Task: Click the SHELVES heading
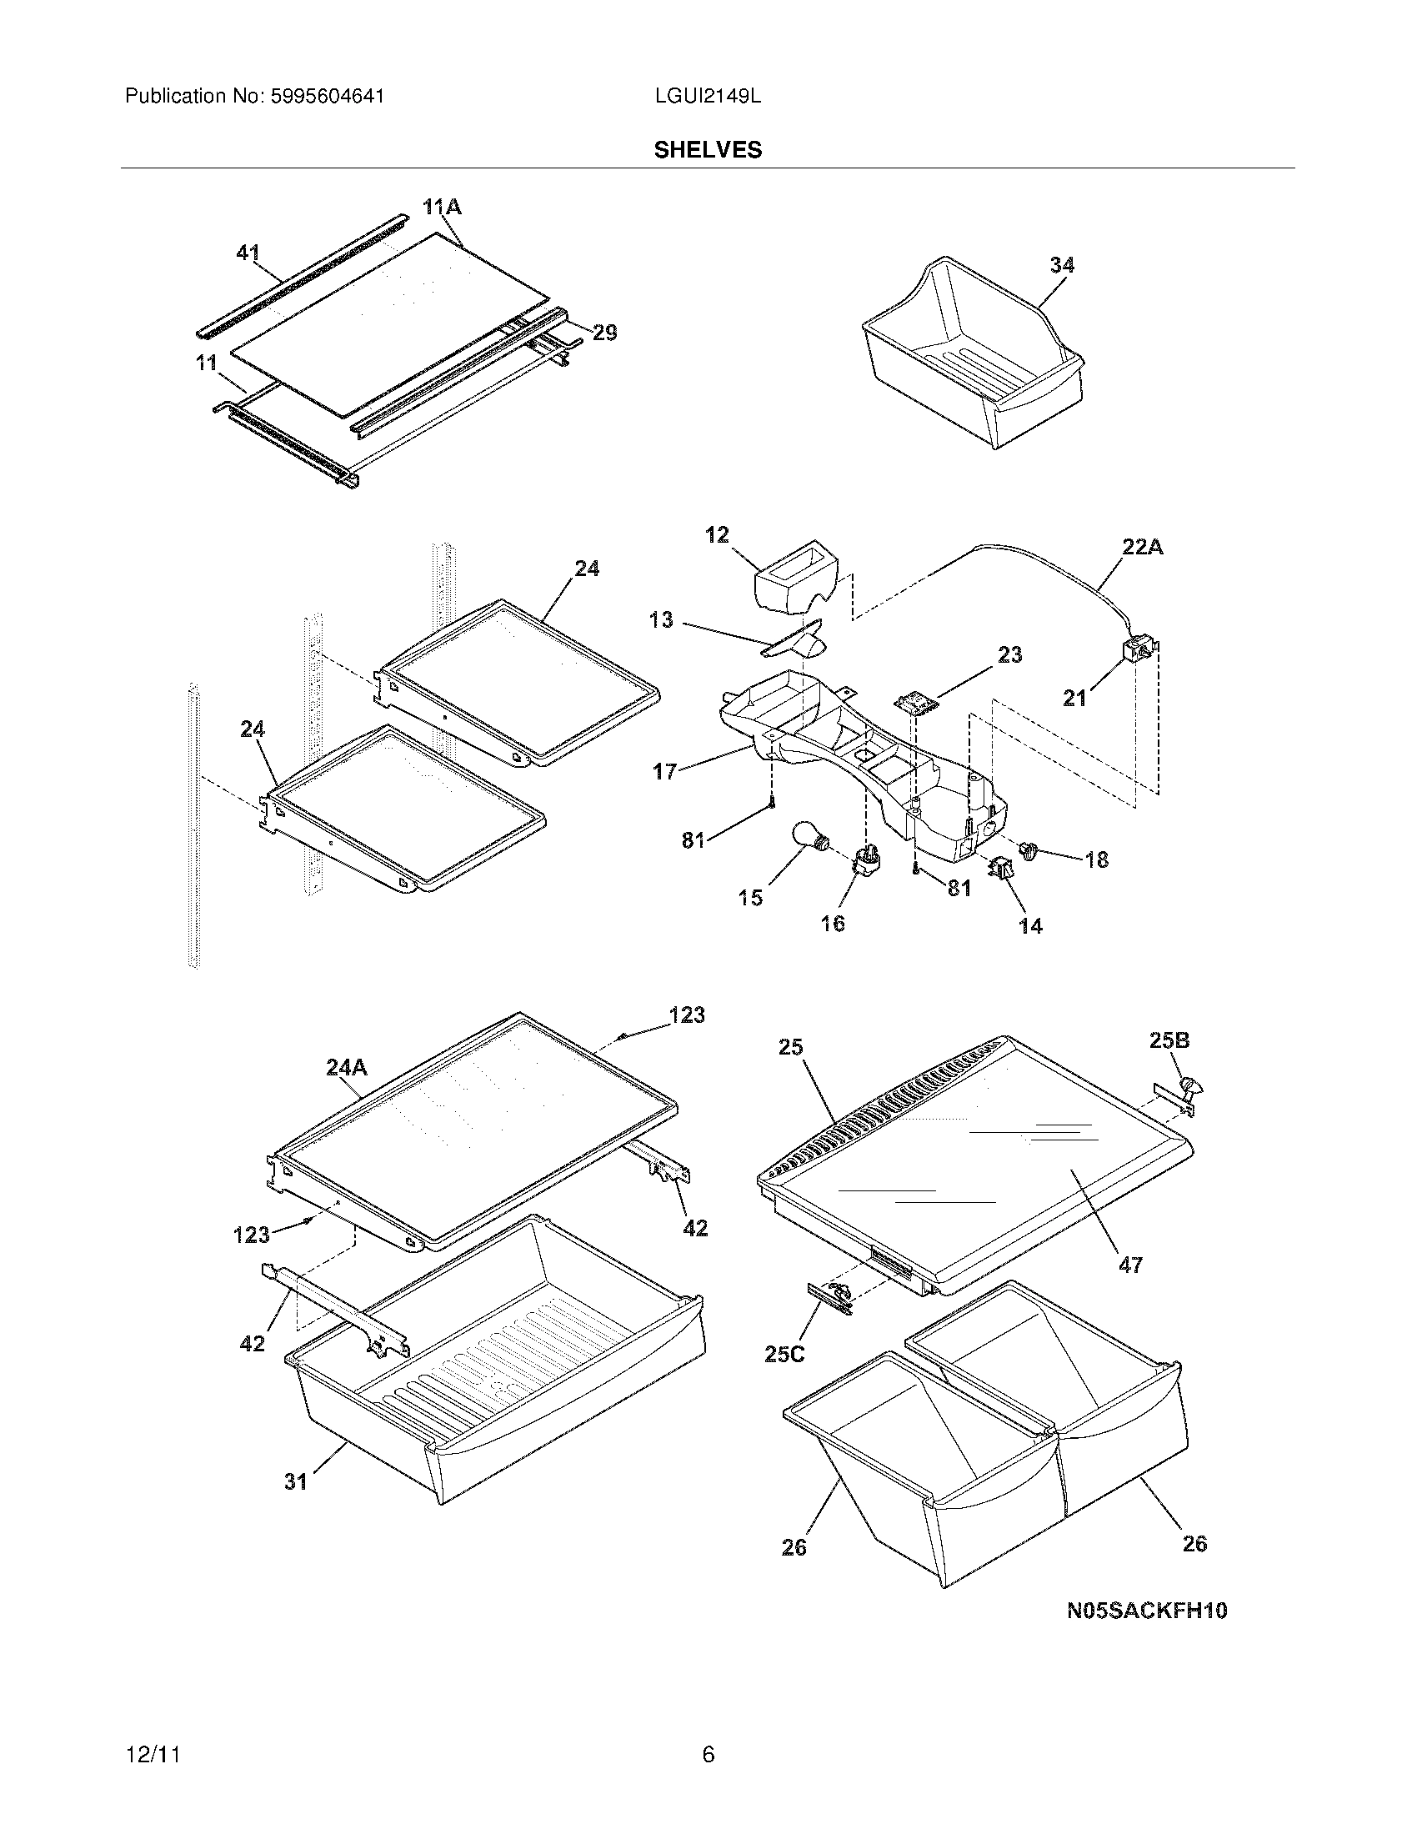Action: (708, 149)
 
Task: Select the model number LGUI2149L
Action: (708, 97)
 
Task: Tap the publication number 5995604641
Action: (328, 97)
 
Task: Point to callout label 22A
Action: (1143, 547)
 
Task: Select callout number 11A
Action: (443, 207)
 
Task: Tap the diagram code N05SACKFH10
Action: (1147, 1611)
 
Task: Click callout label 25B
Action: (1169, 1040)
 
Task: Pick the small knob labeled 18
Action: (1028, 851)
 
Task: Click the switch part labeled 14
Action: (1002, 869)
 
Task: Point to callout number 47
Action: (1130, 1265)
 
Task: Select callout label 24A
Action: (347, 1067)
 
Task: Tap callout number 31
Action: (296, 1482)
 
